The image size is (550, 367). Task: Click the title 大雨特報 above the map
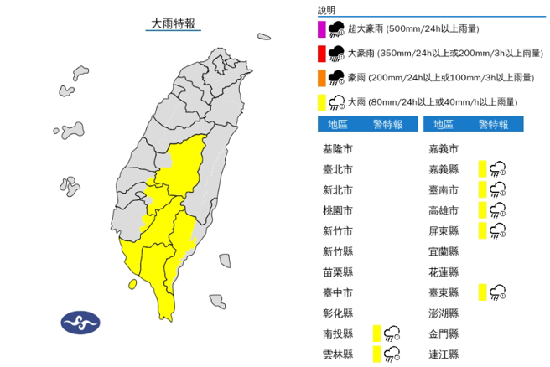coord(173,24)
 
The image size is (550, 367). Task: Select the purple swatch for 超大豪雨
coord(321,31)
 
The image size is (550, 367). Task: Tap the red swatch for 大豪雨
coord(321,55)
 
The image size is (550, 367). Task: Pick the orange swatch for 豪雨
coord(321,78)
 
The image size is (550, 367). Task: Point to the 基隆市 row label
coord(338,149)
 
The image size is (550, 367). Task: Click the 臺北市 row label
coord(338,169)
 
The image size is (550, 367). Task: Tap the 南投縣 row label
coord(338,333)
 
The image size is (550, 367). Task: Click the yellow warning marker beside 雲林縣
coord(376,354)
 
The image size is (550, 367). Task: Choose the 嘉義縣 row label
coord(443,169)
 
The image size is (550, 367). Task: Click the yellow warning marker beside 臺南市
coord(481,190)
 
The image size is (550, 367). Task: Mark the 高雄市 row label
coord(443,210)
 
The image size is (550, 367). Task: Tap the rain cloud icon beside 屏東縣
coord(497,230)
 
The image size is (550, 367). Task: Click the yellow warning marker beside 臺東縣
coord(481,292)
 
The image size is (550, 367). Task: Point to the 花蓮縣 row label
coord(443,271)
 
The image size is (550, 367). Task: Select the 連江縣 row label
coord(443,354)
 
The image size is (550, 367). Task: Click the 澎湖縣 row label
coord(443,313)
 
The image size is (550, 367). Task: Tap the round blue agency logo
coord(80,323)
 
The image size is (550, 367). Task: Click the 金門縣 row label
coord(443,333)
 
